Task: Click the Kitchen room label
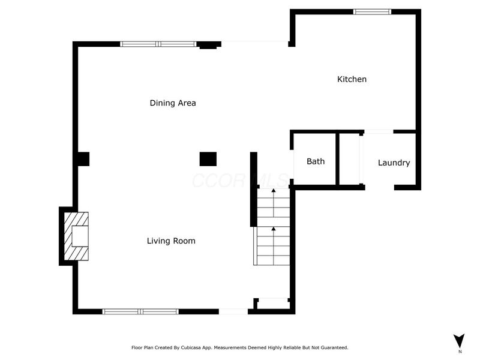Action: click(x=352, y=79)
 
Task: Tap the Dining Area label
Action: click(x=173, y=103)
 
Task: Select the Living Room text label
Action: click(x=171, y=241)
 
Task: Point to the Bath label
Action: click(x=316, y=161)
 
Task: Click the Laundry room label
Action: click(x=394, y=163)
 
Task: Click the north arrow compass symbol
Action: click(x=459, y=340)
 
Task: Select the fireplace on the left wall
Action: click(x=76, y=236)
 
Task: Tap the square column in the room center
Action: click(x=208, y=158)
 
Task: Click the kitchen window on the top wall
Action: click(x=372, y=11)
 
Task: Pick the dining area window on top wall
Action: click(x=158, y=44)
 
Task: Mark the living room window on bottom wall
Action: click(x=140, y=311)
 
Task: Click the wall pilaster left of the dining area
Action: click(x=82, y=159)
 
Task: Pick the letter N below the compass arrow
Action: click(x=460, y=352)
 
